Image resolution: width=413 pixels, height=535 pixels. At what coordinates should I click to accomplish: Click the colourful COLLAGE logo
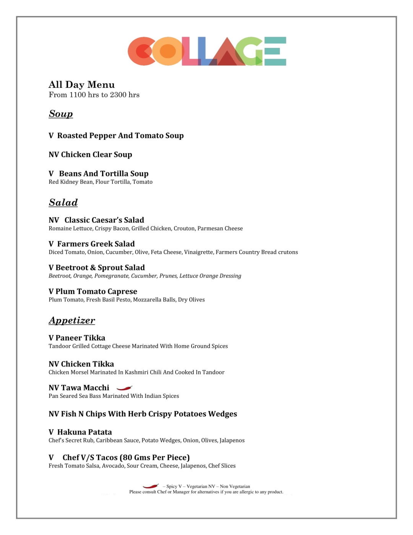206,51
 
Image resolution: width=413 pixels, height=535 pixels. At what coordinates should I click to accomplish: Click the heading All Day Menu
81,85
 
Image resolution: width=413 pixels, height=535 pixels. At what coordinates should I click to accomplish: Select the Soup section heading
61,114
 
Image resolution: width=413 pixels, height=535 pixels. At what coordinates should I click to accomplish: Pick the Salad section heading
63,203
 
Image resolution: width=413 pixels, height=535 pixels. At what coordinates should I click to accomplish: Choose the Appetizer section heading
72,321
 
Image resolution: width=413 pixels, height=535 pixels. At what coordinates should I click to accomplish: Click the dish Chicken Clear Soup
96,155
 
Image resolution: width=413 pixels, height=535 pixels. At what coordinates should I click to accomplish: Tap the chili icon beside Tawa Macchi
124,388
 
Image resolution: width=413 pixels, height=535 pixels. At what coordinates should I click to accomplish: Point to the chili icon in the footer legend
151,486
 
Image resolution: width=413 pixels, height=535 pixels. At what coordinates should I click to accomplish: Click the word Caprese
122,291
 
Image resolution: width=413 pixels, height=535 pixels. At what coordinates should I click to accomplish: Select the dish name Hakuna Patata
85,432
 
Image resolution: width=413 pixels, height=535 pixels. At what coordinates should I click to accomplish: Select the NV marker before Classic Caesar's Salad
54,220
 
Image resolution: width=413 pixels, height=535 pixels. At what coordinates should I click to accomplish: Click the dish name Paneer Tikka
80,338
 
